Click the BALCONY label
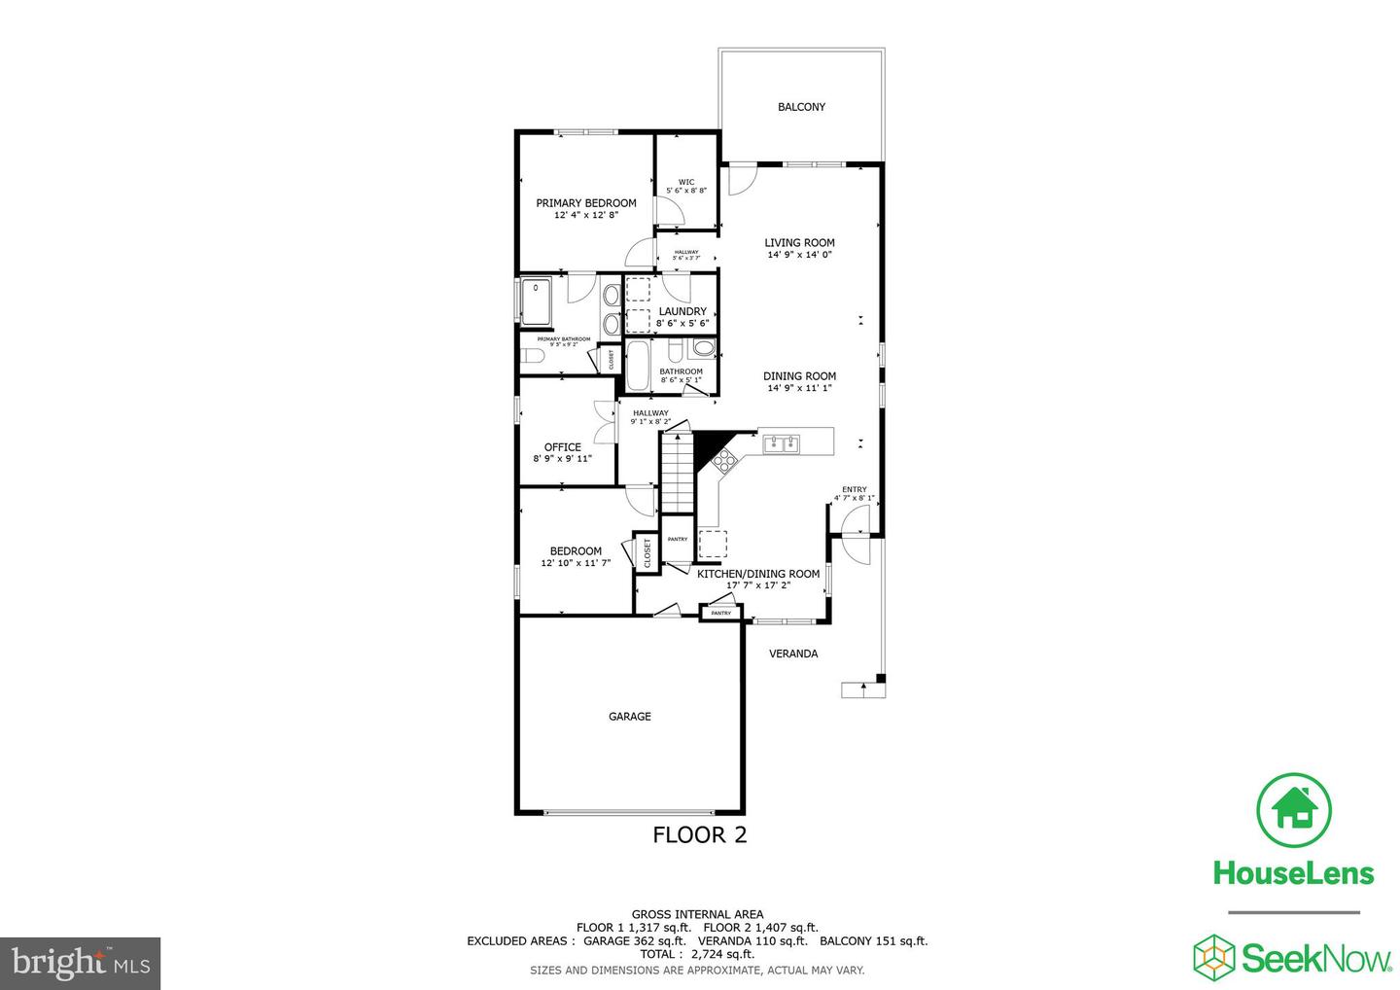tap(801, 107)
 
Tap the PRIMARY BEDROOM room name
tap(586, 203)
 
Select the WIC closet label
tap(686, 182)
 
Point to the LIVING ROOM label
tap(799, 243)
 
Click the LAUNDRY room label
tap(682, 312)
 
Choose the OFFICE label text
tap(562, 447)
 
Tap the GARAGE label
tap(630, 717)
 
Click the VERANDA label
tap(793, 654)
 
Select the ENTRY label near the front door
tap(855, 490)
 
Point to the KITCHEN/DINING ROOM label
tap(758, 574)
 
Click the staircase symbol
tap(679, 473)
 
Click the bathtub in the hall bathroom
tap(640, 365)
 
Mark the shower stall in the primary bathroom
tap(536, 301)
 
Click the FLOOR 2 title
tap(699, 834)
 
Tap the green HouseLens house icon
tap(1294, 809)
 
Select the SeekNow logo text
tap(1315, 959)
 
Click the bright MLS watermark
tap(81, 964)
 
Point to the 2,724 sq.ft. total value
tap(722, 955)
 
